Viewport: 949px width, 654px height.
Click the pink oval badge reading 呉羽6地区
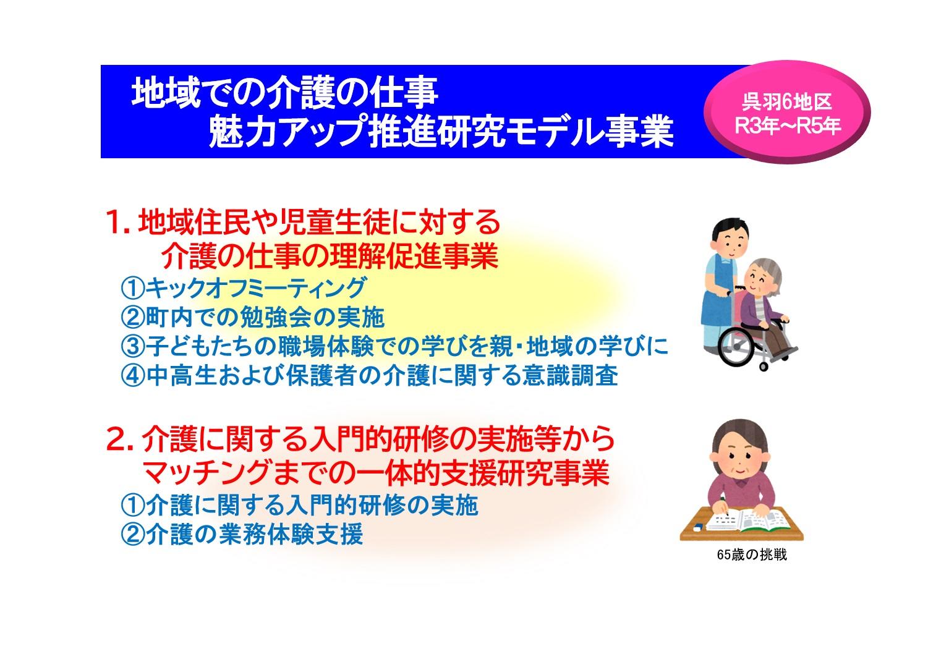(787, 113)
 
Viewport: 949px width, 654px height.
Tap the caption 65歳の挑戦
(752, 555)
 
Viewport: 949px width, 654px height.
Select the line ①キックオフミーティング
(243, 288)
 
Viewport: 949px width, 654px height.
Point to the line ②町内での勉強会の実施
(253, 317)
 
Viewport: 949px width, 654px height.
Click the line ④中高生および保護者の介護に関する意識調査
(370, 376)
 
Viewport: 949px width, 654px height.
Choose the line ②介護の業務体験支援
(242, 534)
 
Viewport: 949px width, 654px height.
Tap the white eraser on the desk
(697, 527)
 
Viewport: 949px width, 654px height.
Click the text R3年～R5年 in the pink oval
(788, 126)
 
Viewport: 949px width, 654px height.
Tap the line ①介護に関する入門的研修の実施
(300, 505)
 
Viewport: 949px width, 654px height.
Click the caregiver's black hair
(730, 229)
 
